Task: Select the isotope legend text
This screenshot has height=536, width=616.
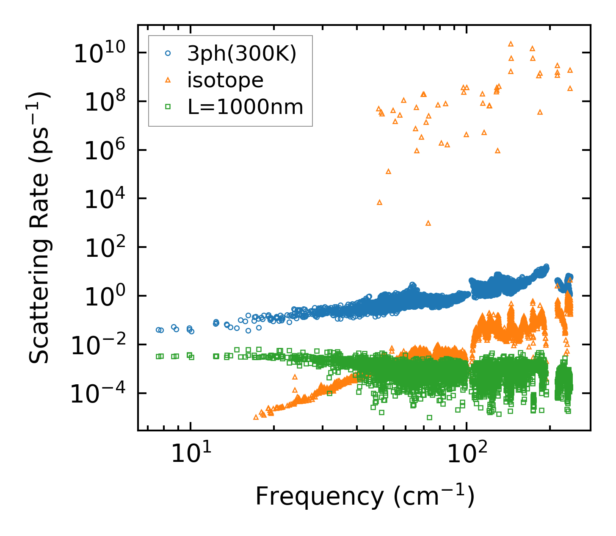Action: (x=225, y=80)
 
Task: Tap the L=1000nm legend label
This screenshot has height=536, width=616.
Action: (x=246, y=107)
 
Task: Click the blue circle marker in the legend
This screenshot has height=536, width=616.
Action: (x=168, y=53)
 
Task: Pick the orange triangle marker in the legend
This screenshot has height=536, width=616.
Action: (x=168, y=80)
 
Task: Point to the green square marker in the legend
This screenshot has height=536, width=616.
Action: (x=168, y=107)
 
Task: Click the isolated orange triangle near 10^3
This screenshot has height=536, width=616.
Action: (x=428, y=223)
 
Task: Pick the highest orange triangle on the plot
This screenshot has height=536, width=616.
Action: (x=511, y=44)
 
